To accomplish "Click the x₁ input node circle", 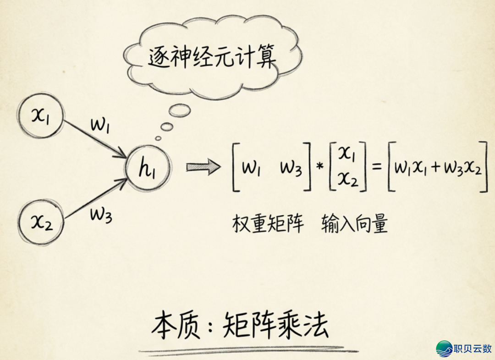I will click(40, 116).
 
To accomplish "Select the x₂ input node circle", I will click(40, 223).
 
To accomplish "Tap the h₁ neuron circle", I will click(148, 169).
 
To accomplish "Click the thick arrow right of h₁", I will click(203, 168).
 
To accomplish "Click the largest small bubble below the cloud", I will click(179, 110).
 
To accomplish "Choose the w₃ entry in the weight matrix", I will click(291, 169).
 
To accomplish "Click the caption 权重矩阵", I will click(268, 224).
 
